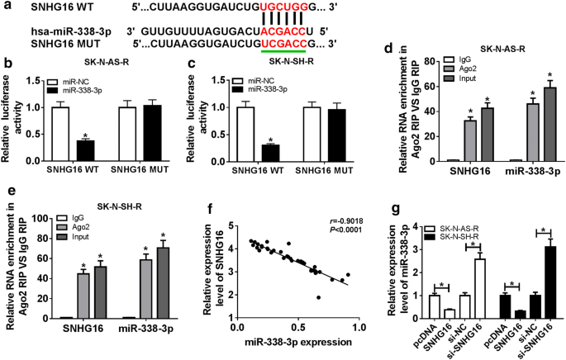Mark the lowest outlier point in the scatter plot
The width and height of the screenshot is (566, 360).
318,297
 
